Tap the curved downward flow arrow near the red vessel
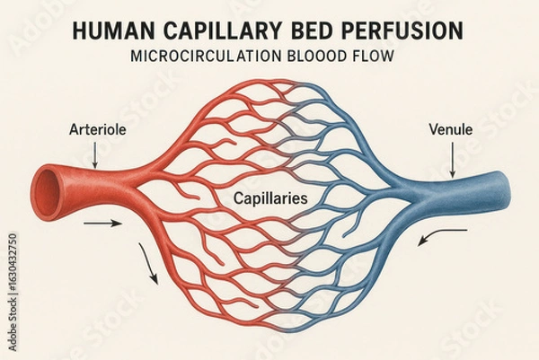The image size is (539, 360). pyautogui.click(x=148, y=264)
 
